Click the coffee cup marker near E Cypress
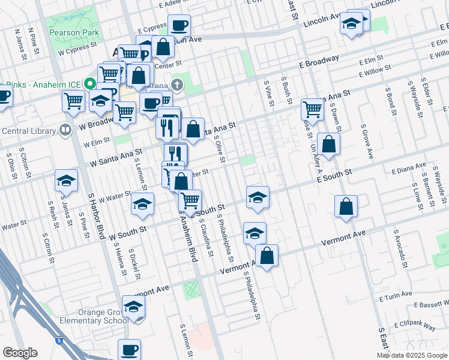pyautogui.click(x=179, y=26)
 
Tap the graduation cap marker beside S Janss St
pyautogui.click(x=67, y=181)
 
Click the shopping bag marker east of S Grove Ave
pyautogui.click(x=346, y=206)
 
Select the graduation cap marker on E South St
pyautogui.click(x=258, y=197)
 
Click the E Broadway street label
pyautogui.click(x=320, y=62)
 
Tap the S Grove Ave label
pyautogui.click(x=367, y=142)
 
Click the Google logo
pyautogui.click(x=20, y=353)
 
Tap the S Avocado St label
pyautogui.click(x=400, y=248)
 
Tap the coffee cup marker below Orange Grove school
pyautogui.click(x=129, y=349)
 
